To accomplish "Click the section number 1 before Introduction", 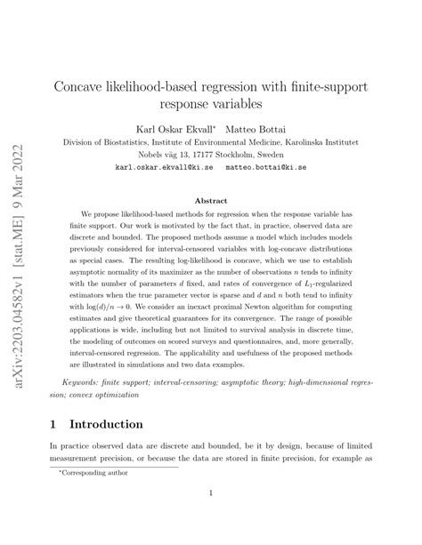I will (x=65, y=425).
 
